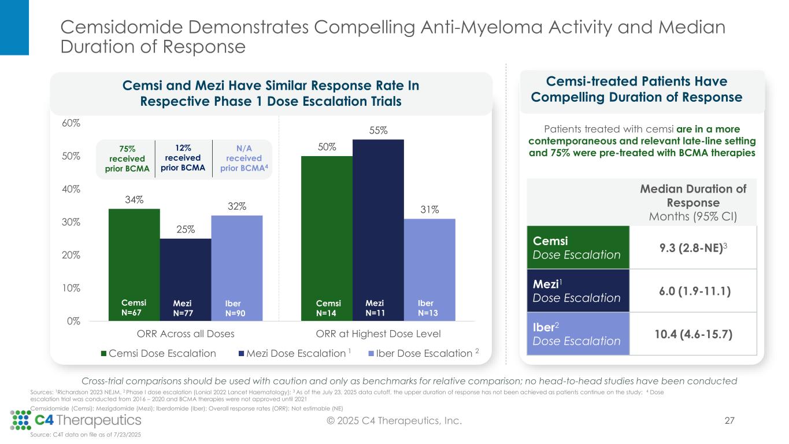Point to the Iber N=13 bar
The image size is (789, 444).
click(x=429, y=269)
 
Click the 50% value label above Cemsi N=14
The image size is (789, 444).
click(x=327, y=147)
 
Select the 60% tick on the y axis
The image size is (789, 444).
click(x=72, y=123)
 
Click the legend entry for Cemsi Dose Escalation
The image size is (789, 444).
click(x=159, y=354)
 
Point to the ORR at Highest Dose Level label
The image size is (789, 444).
click(x=379, y=334)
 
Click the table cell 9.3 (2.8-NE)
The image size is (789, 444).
click(x=693, y=247)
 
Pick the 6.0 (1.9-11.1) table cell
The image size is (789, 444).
click(x=693, y=291)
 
